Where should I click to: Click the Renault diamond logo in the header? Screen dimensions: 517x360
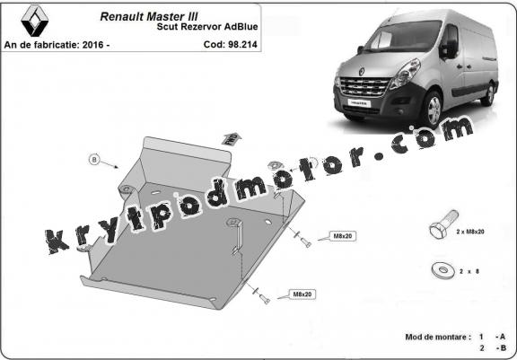coord(35,21)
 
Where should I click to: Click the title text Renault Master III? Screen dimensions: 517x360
coord(149,16)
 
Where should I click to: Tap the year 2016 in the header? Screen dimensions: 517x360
coord(92,45)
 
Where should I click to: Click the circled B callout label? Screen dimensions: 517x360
coord(94,160)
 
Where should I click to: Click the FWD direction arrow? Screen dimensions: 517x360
coord(232,138)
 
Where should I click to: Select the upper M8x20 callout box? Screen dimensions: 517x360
coord(343,236)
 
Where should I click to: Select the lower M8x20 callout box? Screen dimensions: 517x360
coord(302,294)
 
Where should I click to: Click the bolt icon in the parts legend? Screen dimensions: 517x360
coord(443,224)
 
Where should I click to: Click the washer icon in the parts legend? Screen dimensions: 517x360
coord(443,270)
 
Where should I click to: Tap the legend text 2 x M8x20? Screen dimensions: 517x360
coord(470,232)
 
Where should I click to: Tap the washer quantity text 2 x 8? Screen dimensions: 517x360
coord(469,272)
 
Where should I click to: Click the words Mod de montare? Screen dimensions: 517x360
coord(435,337)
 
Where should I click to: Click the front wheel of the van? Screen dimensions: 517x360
coord(433,110)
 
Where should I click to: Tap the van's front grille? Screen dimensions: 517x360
coord(364,87)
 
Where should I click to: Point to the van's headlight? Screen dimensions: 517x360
coord(405,74)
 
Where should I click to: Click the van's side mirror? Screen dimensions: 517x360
coord(448,48)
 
